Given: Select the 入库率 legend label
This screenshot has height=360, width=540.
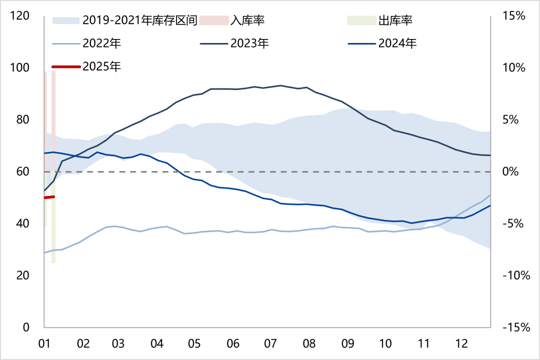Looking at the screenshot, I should (247, 20).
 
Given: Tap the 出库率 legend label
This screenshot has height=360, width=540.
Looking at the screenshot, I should (395, 20).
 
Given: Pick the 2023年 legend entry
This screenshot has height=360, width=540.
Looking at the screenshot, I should (249, 43).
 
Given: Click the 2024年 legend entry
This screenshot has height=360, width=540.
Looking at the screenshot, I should (397, 43).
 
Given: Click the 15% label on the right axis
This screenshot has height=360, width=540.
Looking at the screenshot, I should (513, 15).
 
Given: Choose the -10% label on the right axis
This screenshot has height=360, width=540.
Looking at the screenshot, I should (511, 275).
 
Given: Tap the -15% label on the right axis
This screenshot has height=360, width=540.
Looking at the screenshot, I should (511, 327).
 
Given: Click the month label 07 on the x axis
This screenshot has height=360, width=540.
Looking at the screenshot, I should (270, 344).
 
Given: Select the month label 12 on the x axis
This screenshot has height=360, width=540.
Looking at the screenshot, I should (461, 344).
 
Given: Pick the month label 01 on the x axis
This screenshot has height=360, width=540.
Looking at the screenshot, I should (44, 344).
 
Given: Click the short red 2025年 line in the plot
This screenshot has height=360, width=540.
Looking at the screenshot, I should (49, 197).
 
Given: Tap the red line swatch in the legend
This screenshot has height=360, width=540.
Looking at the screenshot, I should (65, 66).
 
